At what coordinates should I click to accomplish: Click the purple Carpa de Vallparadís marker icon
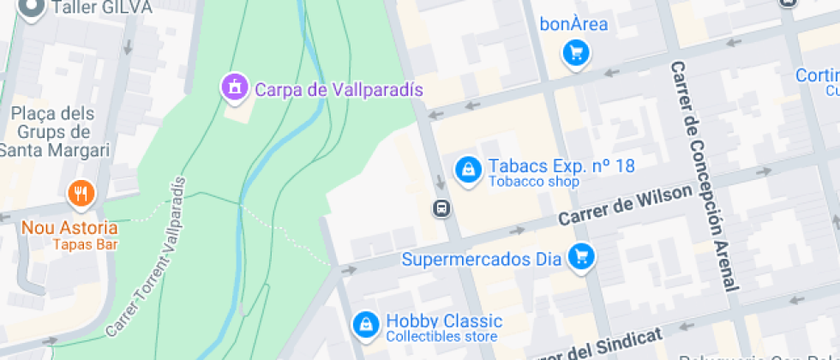233,86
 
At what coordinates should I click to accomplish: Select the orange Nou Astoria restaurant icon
81,193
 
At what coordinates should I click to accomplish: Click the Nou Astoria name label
69,228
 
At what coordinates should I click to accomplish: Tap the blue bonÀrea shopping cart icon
576,54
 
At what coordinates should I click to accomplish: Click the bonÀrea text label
573,24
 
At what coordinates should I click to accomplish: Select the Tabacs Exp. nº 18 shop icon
468,169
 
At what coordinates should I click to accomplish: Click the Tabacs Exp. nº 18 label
561,165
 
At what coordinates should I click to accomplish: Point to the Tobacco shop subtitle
534,182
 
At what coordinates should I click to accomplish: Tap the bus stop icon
441,207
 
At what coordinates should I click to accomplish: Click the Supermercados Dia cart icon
583,255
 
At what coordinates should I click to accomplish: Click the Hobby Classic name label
444,321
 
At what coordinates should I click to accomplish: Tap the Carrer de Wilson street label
624,207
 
